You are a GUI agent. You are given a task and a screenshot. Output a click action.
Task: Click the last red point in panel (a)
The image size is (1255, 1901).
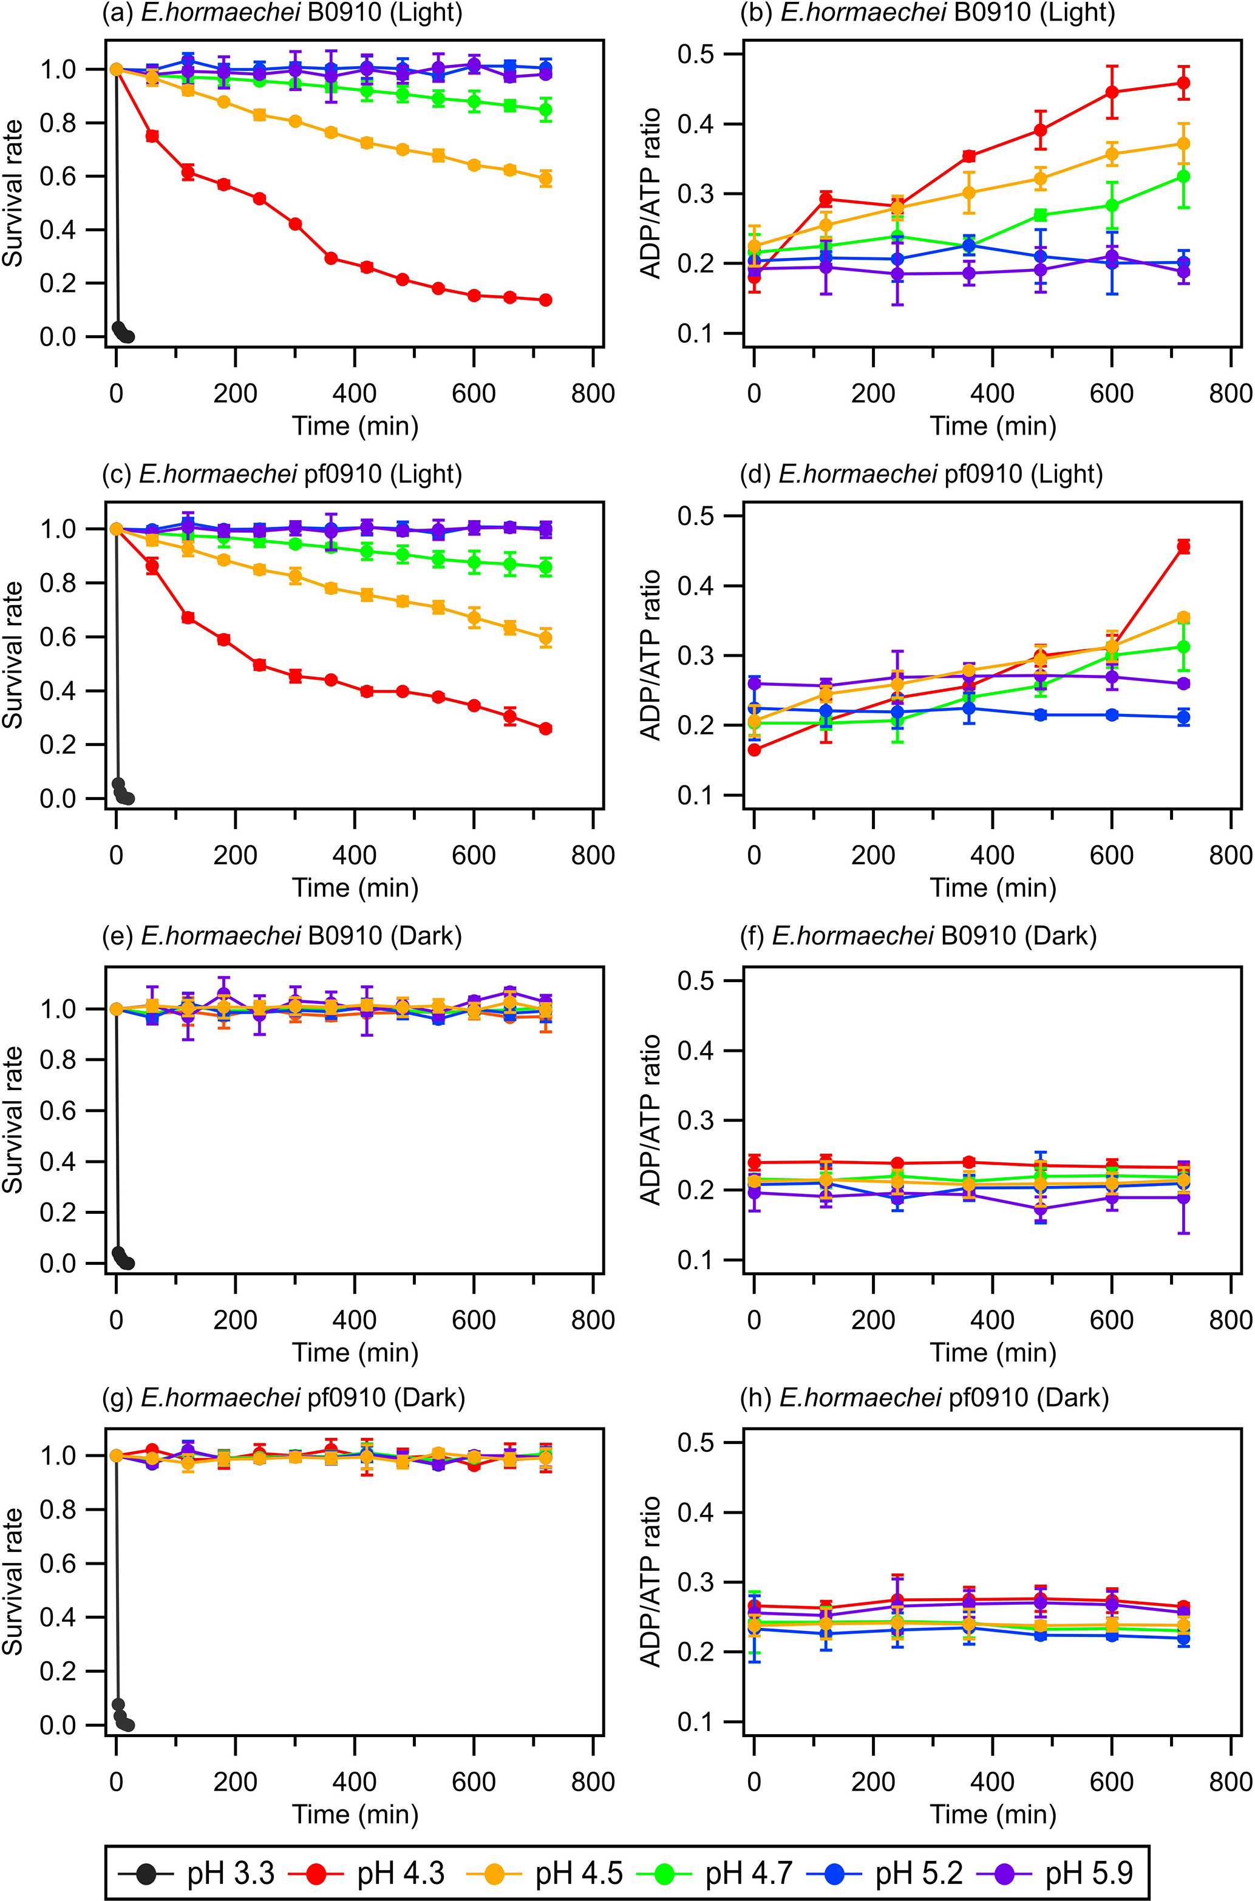coord(546,300)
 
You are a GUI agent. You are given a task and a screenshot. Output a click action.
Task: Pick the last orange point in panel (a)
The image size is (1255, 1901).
coord(546,178)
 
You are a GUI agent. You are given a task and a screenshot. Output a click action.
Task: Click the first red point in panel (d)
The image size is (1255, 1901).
coord(754,750)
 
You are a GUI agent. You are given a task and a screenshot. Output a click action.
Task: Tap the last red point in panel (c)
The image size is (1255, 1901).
coord(546,729)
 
